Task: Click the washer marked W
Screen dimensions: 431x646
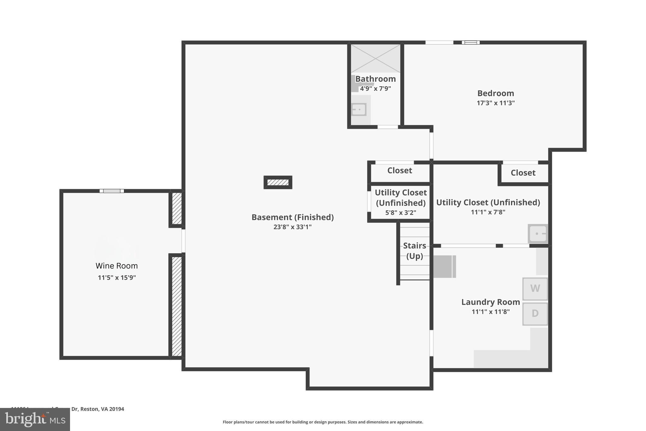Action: click(x=535, y=289)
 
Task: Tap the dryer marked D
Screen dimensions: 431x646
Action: click(x=535, y=314)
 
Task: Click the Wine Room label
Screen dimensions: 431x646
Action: click(x=117, y=266)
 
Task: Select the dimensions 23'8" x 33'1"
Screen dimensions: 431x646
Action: click(x=292, y=227)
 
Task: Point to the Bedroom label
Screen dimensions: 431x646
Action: click(x=496, y=93)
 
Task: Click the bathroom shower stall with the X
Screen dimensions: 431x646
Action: click(x=375, y=58)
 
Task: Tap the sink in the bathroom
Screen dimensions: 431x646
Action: click(x=359, y=110)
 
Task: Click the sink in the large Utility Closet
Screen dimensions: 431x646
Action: click(x=538, y=234)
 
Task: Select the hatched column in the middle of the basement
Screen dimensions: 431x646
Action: click(x=278, y=183)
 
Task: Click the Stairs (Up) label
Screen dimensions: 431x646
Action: click(x=414, y=251)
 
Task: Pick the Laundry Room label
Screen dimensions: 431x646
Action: click(x=490, y=302)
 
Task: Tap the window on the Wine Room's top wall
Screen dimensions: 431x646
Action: click(x=112, y=191)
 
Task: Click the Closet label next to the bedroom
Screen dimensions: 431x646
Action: click(x=523, y=173)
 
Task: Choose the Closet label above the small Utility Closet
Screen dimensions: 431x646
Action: click(x=400, y=171)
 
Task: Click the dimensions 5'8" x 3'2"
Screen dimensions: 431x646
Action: click(x=401, y=213)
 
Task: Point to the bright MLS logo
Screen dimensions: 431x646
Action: click(x=35, y=419)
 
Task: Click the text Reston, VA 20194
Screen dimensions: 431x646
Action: click(x=102, y=409)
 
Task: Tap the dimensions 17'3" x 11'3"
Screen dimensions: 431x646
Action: click(x=496, y=103)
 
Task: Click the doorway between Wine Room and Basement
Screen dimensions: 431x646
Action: click(x=183, y=241)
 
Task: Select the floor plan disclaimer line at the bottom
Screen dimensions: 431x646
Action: click(x=323, y=422)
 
